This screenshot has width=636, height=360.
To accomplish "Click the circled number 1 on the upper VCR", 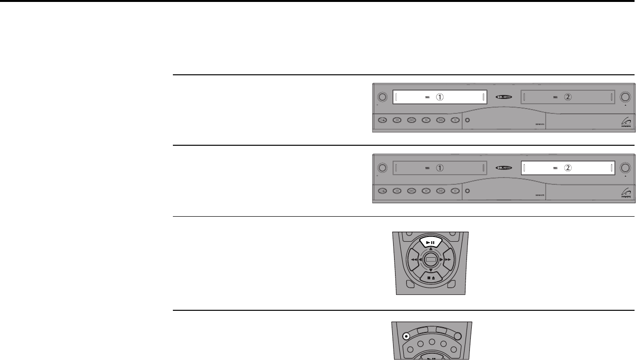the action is pos(439,97).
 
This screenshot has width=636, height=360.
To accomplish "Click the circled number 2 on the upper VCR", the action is pos(568,97).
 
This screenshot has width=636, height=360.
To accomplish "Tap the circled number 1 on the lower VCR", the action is pos(439,168).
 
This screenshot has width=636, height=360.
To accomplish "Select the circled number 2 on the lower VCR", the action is pos(568,168).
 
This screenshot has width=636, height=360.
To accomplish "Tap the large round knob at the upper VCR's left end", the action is pos(382,97).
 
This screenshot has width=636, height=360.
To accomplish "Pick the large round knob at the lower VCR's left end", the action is pos(382,168).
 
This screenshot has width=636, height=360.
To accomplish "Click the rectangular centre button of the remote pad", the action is pos(431,260).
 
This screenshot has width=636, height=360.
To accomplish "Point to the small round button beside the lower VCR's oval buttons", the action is pos(467,191).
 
